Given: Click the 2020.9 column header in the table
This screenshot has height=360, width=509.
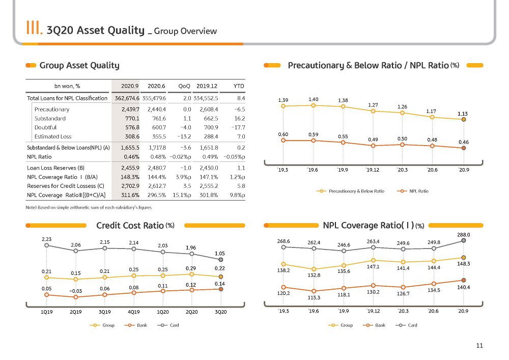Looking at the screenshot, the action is point(130,86).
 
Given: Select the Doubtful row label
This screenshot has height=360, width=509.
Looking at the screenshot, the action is point(45,128).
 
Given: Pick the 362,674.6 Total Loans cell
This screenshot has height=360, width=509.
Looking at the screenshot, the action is point(127,98).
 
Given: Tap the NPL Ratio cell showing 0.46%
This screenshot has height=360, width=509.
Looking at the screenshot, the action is point(131,157).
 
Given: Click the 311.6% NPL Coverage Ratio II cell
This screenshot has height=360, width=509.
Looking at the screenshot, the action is point(130,195).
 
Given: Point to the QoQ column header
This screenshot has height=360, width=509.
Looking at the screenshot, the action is point(184,86).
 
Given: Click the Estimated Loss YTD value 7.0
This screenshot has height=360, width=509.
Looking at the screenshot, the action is point(241,136).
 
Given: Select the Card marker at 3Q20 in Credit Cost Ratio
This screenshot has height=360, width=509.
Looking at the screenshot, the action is point(221,260).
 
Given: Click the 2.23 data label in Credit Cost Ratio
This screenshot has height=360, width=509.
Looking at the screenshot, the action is point(46,239).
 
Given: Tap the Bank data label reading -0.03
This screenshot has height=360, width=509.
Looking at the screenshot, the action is point(76,291).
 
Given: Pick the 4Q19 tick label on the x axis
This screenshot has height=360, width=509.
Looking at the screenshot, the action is point(134,312).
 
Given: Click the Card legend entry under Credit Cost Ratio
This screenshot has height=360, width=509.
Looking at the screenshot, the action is point(168,325).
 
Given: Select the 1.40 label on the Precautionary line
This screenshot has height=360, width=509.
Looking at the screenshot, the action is point(313,99).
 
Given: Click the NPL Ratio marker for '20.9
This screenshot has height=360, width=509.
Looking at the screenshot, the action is point(464,148).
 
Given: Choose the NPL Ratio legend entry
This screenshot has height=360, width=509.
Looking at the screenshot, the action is point(413,191).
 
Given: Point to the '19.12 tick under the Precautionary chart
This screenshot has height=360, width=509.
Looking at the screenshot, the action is point(373,170).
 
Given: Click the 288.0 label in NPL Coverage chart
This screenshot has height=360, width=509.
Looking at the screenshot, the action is point(464,235).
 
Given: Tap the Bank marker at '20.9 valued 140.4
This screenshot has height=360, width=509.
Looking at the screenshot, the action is point(464,280).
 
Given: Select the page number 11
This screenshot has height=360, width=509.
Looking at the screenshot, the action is point(479,346).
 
